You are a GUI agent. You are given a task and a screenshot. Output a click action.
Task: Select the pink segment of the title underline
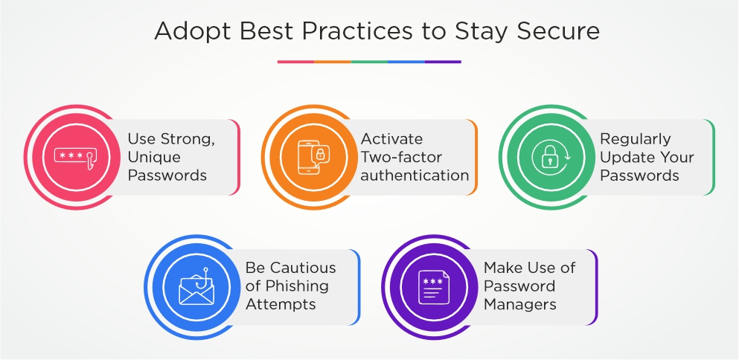pos(295,62)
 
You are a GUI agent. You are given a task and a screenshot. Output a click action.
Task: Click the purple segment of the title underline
pos(443,62)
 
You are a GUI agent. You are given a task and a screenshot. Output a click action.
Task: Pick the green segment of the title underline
pos(369,62)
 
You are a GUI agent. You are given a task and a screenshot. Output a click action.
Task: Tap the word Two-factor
pos(402,157)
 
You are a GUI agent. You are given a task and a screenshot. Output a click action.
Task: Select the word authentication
pos(415,176)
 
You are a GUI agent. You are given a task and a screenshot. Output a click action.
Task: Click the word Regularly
pos(636,140)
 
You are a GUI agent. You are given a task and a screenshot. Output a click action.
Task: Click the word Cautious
pos(303,268)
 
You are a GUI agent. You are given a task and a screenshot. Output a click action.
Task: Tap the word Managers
pos(520,304)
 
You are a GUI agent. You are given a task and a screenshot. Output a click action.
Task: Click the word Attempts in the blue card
pos(281,304)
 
